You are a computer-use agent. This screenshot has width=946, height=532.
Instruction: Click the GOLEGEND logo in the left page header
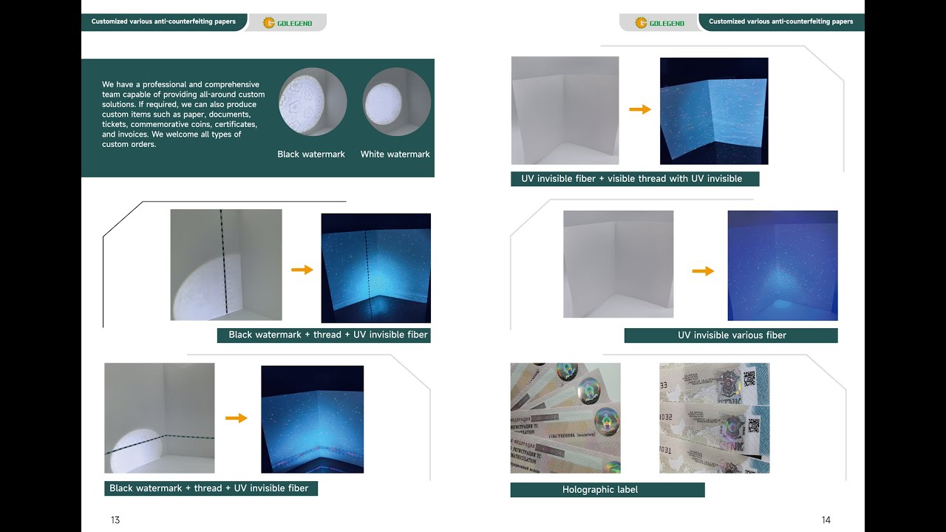pyautogui.click(x=287, y=23)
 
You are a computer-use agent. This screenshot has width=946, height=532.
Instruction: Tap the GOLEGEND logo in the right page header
pyautogui.click(x=659, y=23)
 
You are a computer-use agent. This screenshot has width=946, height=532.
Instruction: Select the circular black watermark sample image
pyautogui.click(x=313, y=102)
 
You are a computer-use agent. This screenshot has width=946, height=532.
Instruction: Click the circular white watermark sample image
pyautogui.click(x=396, y=102)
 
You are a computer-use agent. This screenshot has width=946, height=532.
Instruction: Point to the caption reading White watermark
pyautogui.click(x=395, y=154)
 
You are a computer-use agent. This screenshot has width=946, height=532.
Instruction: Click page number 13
pyautogui.click(x=115, y=520)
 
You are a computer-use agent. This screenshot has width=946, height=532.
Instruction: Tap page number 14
pyautogui.click(x=826, y=520)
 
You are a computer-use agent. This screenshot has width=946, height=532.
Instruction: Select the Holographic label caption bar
pyautogui.click(x=607, y=490)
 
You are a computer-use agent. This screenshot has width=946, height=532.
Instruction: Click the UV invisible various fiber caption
pyautogui.click(x=731, y=335)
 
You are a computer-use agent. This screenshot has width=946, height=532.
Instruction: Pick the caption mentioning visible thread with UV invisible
pyautogui.click(x=634, y=179)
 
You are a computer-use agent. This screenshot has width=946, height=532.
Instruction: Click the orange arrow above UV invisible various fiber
pyautogui.click(x=703, y=271)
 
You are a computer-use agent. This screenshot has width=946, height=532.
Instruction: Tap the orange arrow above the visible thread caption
pyautogui.click(x=639, y=109)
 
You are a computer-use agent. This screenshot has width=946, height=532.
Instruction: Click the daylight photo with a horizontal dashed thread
pyautogui.click(x=159, y=417)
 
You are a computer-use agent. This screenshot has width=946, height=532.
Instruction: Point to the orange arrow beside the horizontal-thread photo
pyautogui.click(x=236, y=418)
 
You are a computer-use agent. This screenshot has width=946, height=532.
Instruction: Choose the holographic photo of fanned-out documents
pyautogui.click(x=565, y=417)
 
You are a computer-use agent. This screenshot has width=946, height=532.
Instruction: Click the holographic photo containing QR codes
pyautogui.click(x=714, y=417)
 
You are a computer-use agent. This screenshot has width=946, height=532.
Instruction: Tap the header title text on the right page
pyautogui.click(x=780, y=21)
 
